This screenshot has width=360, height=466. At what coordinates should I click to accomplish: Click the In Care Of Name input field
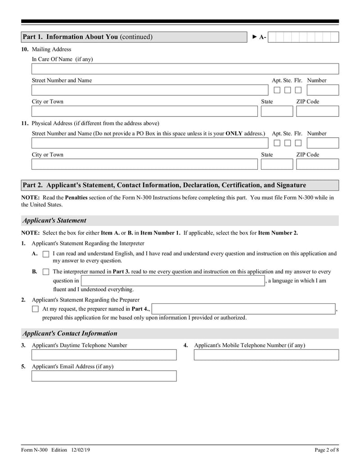click(184, 69)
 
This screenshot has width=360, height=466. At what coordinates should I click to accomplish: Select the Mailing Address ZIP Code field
click(317, 111)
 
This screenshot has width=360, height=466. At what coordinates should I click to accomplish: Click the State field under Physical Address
click(276, 164)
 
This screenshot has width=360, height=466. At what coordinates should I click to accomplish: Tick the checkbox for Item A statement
click(45, 254)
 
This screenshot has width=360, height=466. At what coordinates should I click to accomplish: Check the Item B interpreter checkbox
click(45, 272)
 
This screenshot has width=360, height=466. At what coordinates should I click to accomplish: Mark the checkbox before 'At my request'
click(36, 309)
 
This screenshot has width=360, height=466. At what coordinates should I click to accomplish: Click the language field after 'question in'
click(173, 281)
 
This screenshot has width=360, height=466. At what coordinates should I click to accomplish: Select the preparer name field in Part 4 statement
click(244, 309)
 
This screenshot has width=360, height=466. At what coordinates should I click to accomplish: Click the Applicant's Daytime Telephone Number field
click(104, 355)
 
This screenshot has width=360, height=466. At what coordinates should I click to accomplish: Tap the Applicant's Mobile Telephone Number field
click(266, 355)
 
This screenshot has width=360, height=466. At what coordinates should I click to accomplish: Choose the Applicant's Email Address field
click(104, 376)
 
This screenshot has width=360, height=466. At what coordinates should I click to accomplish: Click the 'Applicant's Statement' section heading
click(54, 221)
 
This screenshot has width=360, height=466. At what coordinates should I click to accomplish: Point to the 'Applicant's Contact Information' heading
click(70, 334)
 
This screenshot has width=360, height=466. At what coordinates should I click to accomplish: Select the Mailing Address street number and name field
click(149, 90)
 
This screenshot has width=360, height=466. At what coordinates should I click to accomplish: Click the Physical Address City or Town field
click(144, 164)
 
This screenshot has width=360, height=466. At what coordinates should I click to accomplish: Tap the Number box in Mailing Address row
click(322, 90)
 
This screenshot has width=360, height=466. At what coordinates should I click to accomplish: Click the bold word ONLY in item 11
click(234, 134)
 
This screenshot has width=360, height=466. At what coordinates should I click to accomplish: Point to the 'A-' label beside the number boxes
click(262, 37)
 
